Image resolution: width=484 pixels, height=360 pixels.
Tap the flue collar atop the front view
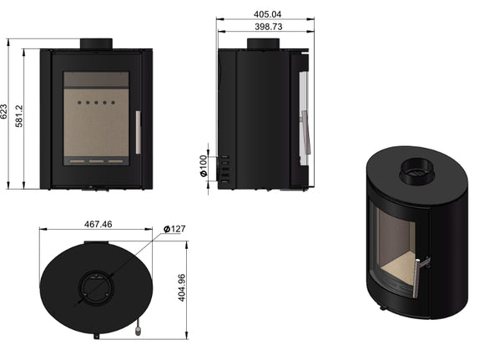96,43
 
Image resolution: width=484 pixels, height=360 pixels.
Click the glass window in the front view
96,117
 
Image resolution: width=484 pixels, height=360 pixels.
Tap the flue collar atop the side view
262,43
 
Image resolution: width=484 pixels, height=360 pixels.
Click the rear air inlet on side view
224,167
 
